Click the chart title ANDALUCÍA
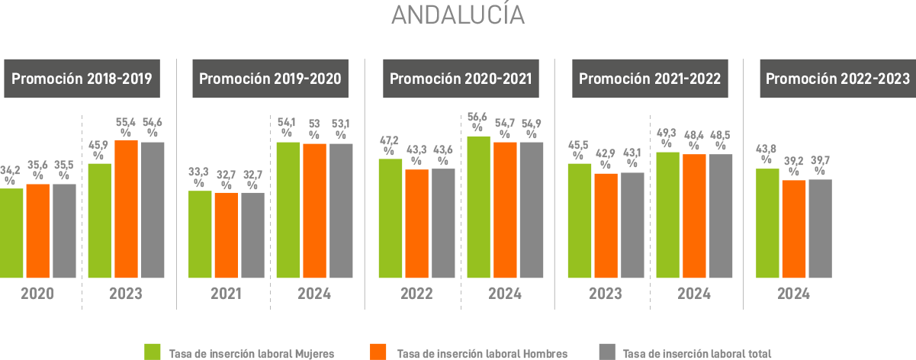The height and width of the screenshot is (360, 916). pos(458,15)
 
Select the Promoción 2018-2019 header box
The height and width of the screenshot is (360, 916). pos(82,79)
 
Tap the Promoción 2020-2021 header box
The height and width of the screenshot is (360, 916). pos(461,79)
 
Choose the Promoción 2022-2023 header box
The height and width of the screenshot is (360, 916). pos(837,79)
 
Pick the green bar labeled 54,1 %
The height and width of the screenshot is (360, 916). pos(287,210)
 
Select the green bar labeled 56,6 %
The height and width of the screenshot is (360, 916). pos(477,207)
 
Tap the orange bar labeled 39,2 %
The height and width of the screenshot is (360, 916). pos(794,229)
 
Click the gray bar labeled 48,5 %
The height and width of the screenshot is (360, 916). pos(720,216)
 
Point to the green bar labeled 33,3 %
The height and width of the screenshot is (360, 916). pos(200,234)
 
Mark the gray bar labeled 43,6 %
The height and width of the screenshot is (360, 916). pos(443,223)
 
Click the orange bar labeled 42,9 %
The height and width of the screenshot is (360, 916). pos(606,226)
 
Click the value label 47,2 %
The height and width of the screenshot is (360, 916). pos(390,144)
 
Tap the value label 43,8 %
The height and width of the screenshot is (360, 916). pos(767,154)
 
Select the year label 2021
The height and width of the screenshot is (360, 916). pos(227,294)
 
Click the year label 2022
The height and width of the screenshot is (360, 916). pos(416,294)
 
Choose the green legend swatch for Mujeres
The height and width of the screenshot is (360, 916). pos(153,352)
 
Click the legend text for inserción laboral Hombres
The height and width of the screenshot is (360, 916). pos(482,354)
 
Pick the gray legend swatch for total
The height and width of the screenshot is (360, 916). pos(607,352)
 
